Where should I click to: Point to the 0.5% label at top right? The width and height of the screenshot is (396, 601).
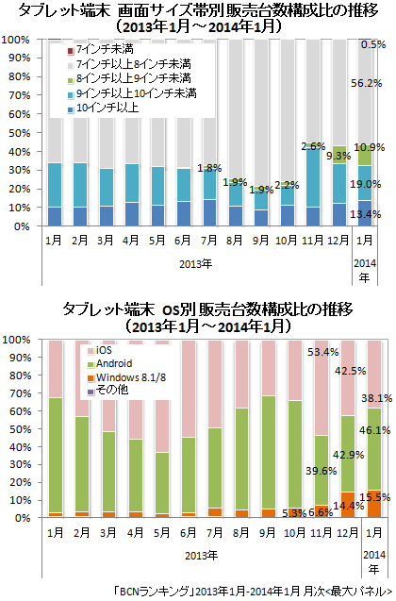(x=374, y=44)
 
